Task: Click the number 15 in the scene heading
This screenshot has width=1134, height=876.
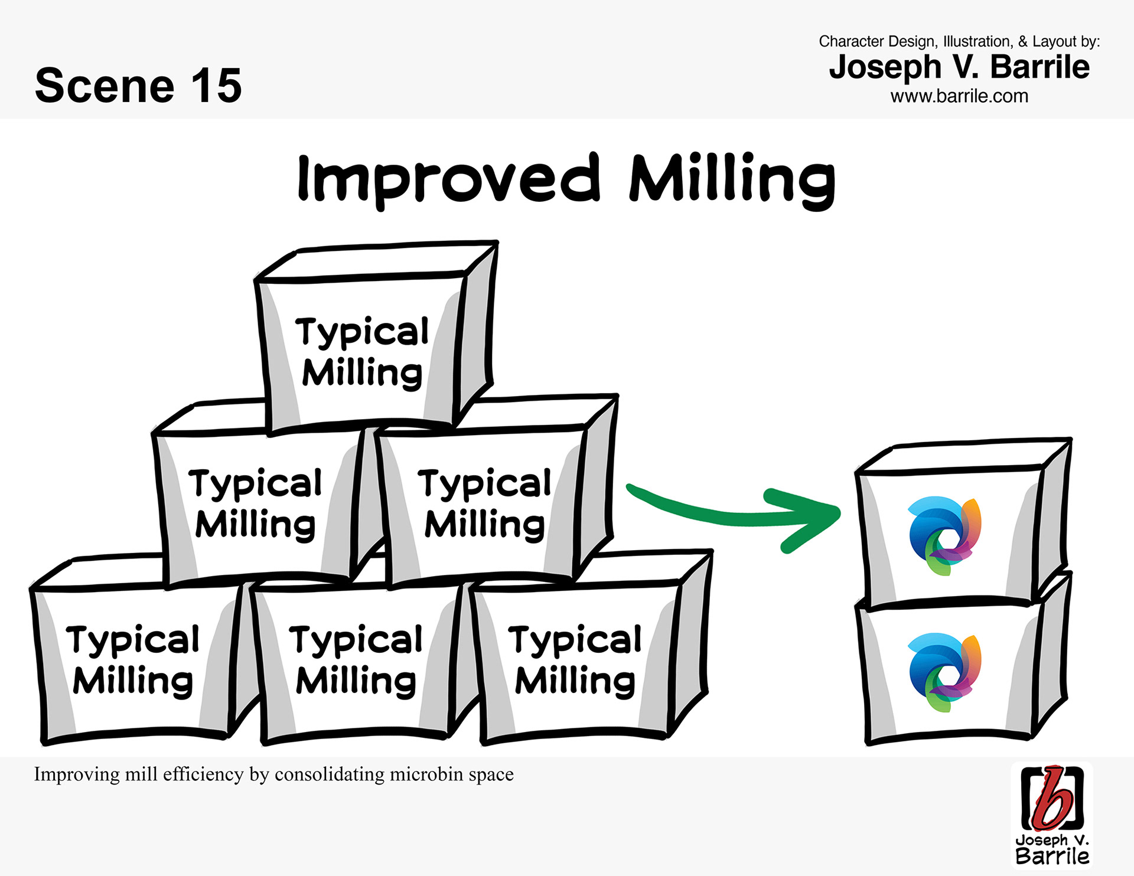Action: tap(216, 86)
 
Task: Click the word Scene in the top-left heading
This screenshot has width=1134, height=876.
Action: tap(105, 86)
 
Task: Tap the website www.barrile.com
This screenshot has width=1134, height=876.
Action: tap(959, 96)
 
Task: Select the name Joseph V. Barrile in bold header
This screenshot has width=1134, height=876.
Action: tap(959, 67)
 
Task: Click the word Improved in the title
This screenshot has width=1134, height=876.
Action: tap(449, 179)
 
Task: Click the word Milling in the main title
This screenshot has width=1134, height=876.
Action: tap(732, 179)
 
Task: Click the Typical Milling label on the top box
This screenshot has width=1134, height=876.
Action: tap(362, 352)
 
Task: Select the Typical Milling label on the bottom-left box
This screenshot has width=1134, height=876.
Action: tap(133, 661)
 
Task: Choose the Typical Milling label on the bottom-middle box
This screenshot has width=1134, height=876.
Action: tap(356, 661)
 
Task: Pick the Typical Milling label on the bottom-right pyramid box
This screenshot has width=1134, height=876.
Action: tap(575, 661)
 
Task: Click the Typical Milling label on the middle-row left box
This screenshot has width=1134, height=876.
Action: tap(255, 504)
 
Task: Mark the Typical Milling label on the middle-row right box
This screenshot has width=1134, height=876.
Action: tap(484, 504)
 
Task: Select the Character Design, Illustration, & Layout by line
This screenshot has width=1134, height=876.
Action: tap(959, 41)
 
